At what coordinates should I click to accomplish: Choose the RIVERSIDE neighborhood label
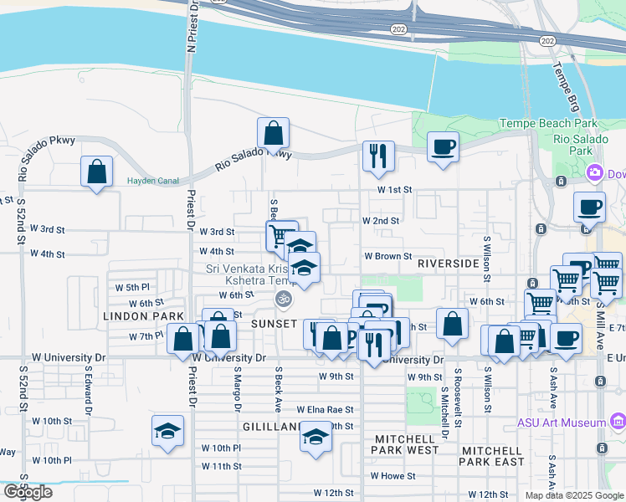coord(448,263)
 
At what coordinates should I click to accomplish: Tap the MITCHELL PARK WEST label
coord(406,444)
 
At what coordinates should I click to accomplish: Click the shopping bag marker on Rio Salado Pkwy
coord(273,133)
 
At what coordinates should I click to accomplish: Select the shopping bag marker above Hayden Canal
coord(97,172)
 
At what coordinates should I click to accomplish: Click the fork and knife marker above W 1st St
coord(378,156)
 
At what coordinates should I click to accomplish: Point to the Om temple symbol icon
coord(283,298)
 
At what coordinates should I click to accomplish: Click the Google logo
coord(28,492)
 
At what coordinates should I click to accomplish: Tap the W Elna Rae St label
coord(325,410)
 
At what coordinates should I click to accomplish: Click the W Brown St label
coord(387,257)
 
